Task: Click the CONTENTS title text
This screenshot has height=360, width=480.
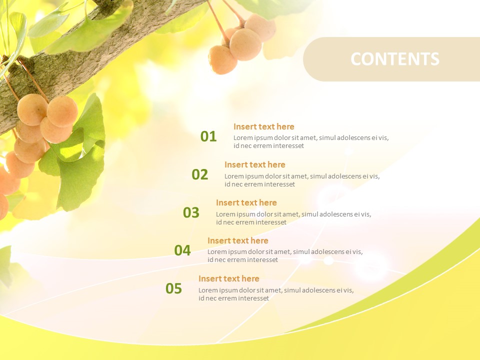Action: (394, 59)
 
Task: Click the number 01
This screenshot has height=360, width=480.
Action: (208, 136)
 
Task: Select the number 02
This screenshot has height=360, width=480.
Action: (199, 174)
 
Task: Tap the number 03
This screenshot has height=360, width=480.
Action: (191, 212)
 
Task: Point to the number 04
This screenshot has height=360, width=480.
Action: (182, 250)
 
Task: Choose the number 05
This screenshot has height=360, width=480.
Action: (173, 288)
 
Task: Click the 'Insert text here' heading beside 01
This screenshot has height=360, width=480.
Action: (263, 126)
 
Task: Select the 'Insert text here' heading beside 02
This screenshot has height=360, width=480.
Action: (254, 164)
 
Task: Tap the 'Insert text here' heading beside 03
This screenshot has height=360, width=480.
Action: (246, 202)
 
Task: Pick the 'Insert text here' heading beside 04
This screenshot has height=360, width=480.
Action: (237, 240)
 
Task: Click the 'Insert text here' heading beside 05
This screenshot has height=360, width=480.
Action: (228, 278)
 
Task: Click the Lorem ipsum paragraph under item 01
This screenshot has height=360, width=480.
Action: (310, 142)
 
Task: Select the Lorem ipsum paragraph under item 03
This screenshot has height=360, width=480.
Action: (293, 218)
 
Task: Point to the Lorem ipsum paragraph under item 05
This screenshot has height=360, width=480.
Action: (275, 294)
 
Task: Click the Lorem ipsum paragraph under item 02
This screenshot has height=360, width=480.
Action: (301, 180)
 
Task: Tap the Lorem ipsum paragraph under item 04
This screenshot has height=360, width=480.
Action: (284, 256)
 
